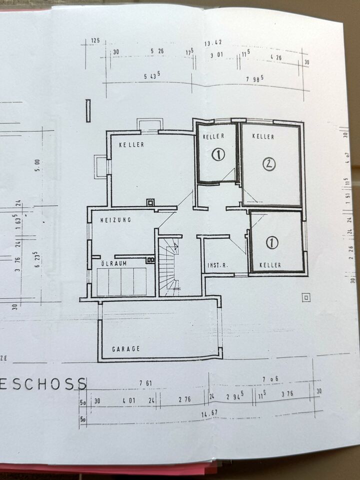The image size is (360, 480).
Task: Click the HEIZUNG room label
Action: point(115,219)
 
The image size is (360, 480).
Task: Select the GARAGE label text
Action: point(125,348)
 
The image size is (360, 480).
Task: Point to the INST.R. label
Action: point(217,265)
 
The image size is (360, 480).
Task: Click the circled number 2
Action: point(269,163)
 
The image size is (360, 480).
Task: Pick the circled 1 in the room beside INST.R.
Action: point(271,243)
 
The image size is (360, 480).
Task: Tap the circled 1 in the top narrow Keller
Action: point(218,155)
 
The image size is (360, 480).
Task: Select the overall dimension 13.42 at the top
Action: point(212,43)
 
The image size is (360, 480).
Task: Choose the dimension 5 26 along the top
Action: point(157,51)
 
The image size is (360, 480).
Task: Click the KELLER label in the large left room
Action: point(131,144)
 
